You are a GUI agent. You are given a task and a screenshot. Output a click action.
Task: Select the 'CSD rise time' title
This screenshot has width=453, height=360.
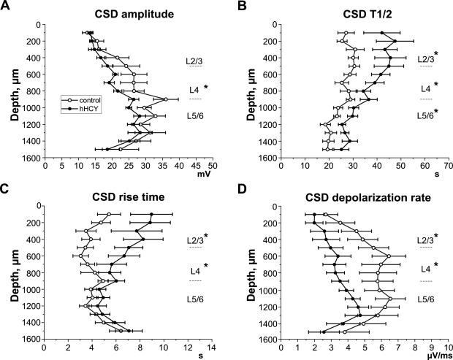pyautogui.click(x=130, y=194)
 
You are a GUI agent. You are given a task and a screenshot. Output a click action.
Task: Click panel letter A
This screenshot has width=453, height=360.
pyautogui.click(x=6, y=7)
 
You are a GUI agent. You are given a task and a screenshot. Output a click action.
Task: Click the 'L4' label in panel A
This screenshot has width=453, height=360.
pyautogui.click(x=194, y=89)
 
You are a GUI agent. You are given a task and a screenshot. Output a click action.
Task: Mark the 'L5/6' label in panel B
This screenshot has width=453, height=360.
pyautogui.click(x=425, y=115)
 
